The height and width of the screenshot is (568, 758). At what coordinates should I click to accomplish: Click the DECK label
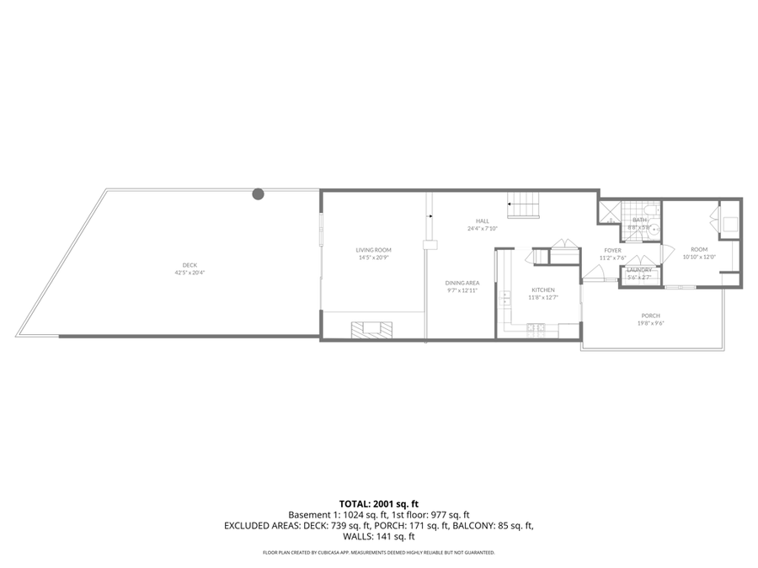(189, 265)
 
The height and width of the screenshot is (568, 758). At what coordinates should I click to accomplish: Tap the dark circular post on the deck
(259, 194)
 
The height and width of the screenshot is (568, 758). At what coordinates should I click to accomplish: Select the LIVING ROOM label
(373, 250)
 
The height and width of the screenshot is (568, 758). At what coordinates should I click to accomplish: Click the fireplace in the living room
(372, 330)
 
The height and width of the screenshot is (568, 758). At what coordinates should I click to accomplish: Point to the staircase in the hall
(524, 205)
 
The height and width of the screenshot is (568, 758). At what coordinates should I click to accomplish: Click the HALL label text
(483, 221)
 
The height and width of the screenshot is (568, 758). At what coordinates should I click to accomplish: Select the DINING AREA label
(462, 283)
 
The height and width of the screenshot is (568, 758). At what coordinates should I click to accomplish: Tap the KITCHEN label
(542, 289)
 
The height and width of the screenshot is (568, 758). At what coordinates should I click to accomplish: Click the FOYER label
(612, 251)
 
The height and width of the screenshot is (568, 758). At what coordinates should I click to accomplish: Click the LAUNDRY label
(639, 270)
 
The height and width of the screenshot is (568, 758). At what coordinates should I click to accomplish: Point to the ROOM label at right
(699, 249)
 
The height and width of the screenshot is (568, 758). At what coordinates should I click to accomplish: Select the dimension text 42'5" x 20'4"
(189, 273)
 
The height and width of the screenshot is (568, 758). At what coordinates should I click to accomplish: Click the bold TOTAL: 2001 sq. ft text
(379, 502)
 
